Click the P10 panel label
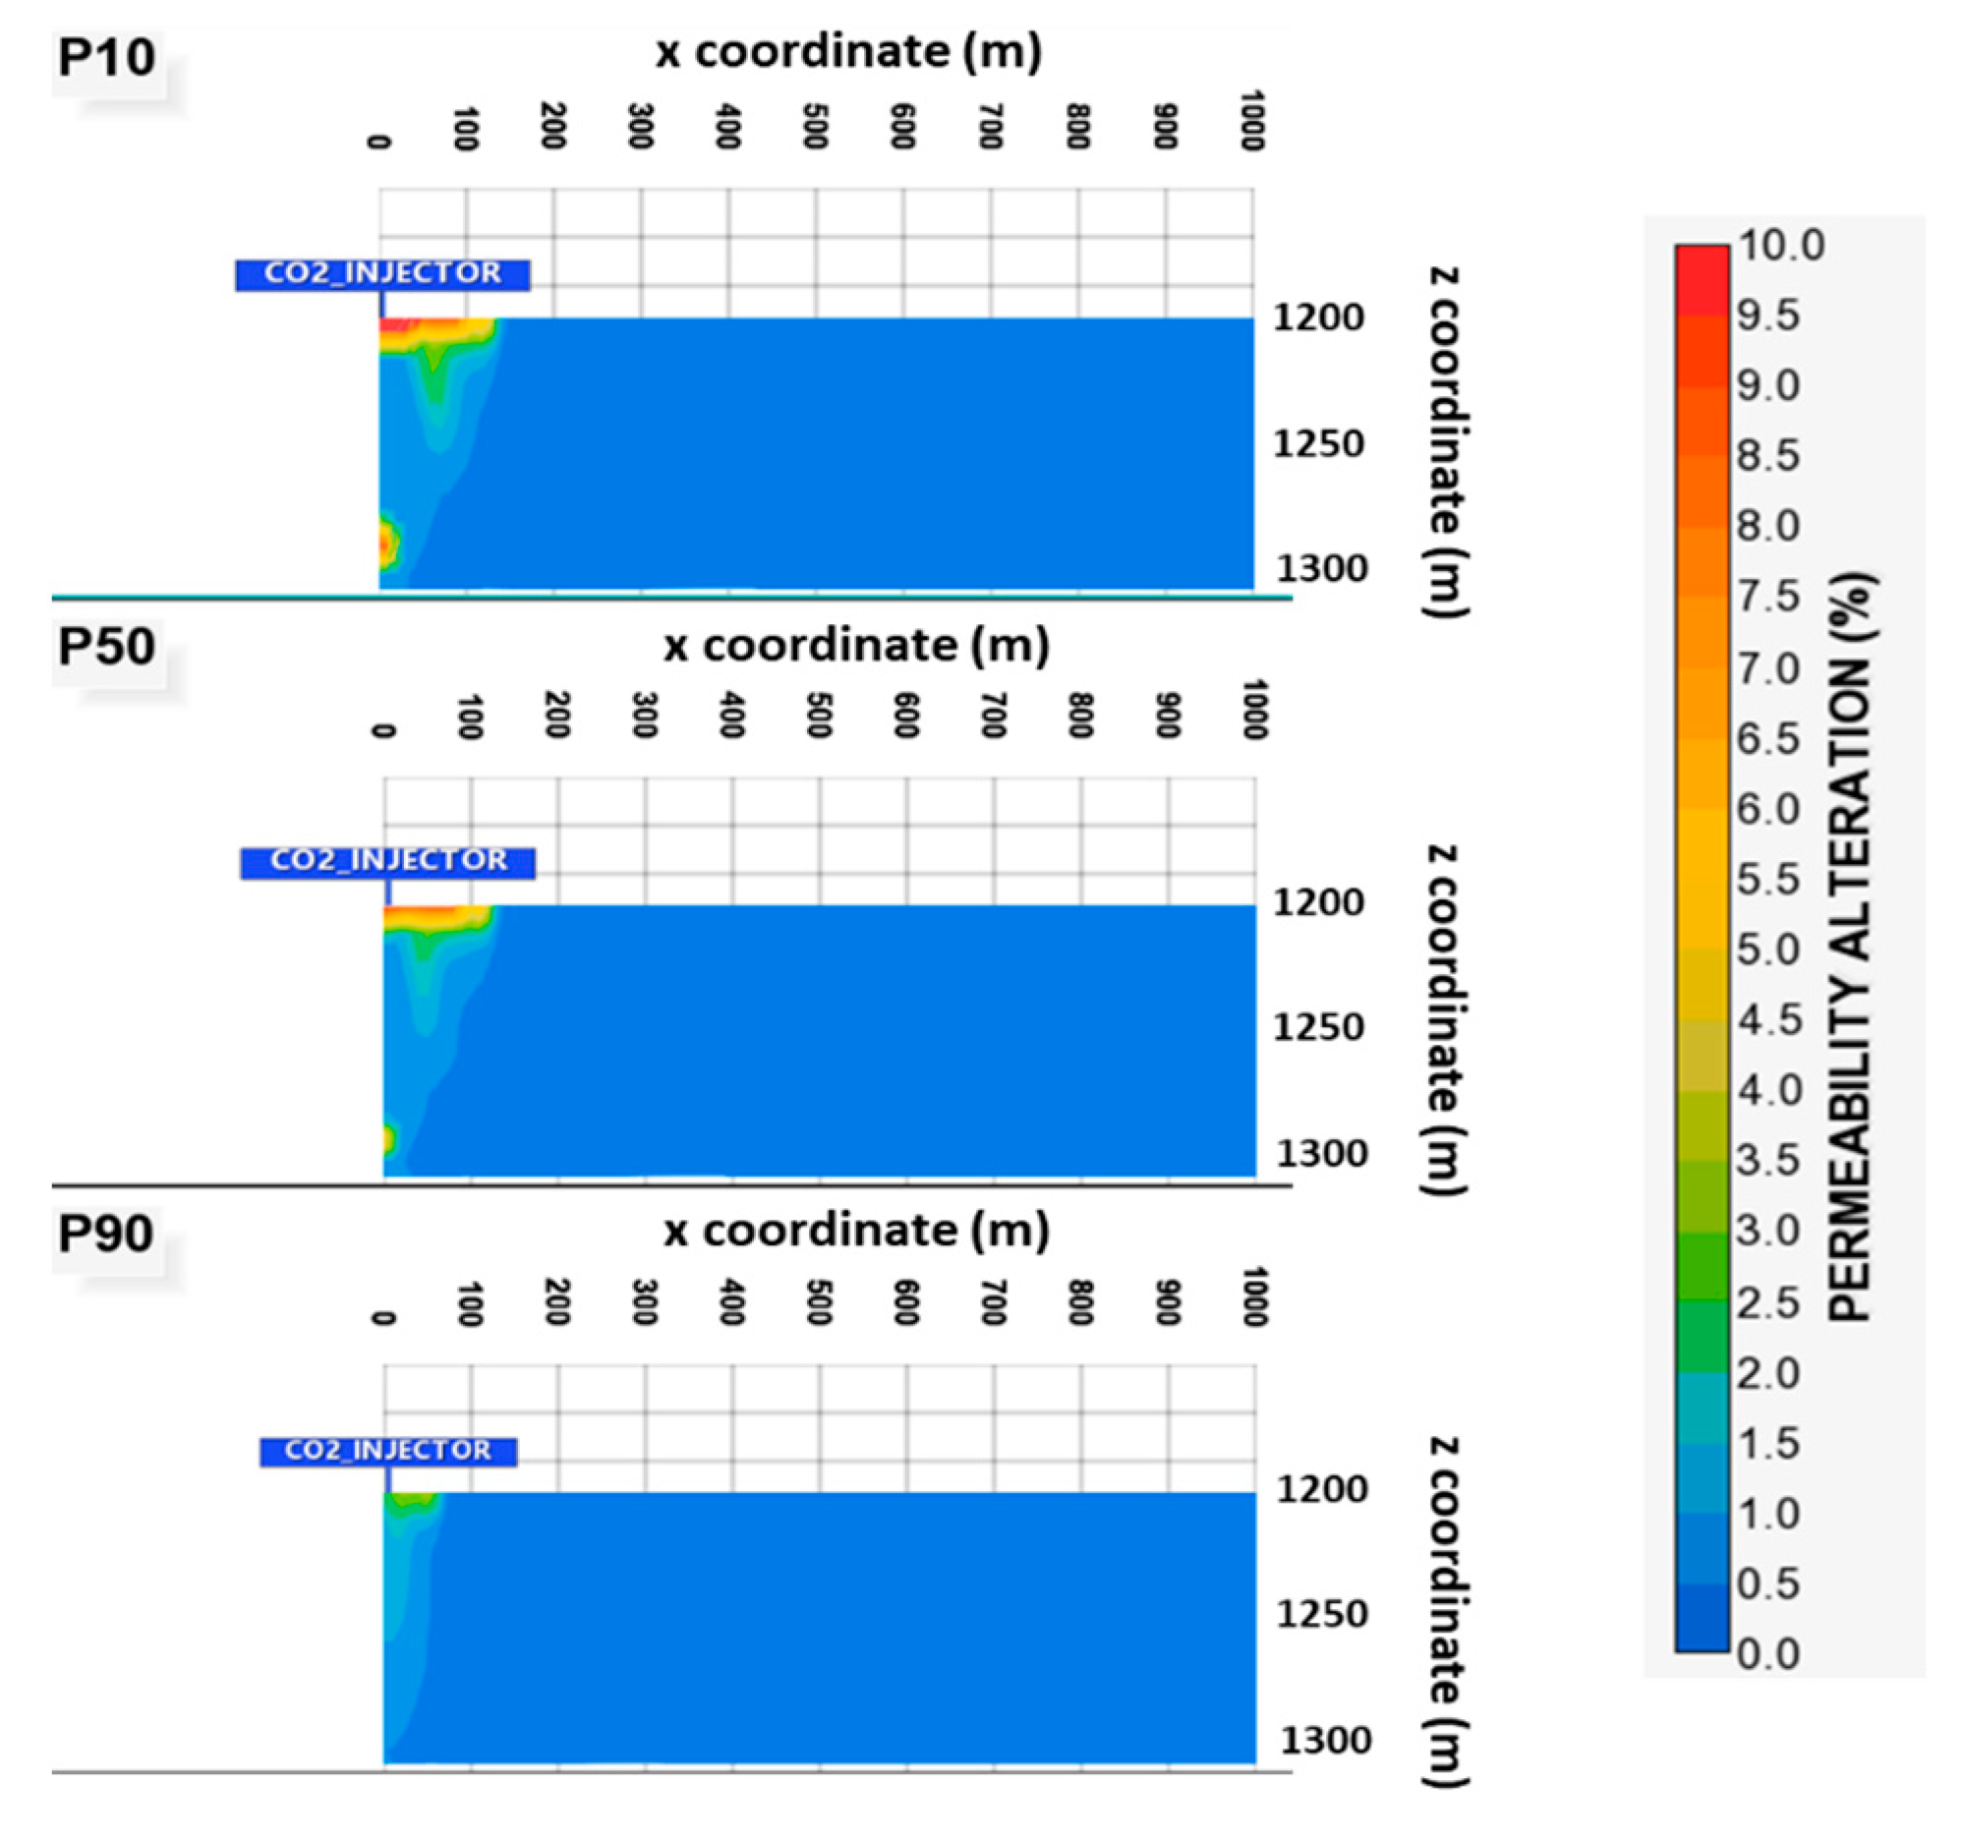[106, 56]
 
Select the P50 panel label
[106, 646]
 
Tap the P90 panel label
[106, 1233]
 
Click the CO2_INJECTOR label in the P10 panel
[382, 273]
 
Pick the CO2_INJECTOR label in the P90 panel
[387, 1451]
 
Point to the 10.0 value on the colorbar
[1781, 244]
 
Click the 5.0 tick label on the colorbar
[1768, 949]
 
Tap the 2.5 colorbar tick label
[1768, 1302]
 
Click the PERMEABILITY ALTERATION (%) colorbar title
[1851, 948]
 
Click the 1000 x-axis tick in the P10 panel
[1251, 121]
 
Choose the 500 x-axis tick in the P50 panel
[819, 716]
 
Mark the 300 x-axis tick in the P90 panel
[644, 1302]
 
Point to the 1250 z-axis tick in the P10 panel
[1318, 444]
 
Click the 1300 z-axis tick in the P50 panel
[1322, 1152]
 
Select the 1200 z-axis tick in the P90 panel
[1322, 1489]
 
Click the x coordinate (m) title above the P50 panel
[856, 646]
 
